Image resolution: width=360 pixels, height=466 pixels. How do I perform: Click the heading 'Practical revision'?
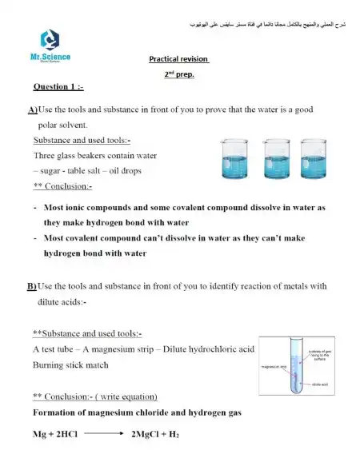tap(178, 59)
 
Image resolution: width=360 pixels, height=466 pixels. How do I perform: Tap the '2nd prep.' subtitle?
tap(179, 74)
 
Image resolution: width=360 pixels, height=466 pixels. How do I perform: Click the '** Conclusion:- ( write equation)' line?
tap(95, 396)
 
